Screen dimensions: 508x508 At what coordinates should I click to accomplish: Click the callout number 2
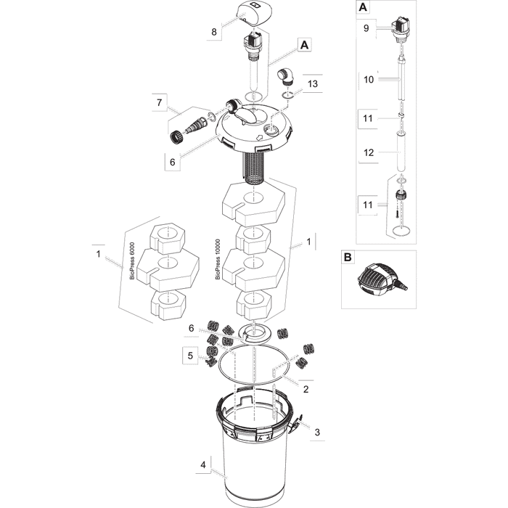[x=305, y=388]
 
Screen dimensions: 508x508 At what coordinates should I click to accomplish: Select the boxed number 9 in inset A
[x=366, y=29]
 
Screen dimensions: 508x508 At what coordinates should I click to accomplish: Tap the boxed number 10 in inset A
[x=368, y=80]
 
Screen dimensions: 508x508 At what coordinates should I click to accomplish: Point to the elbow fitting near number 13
[x=285, y=77]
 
